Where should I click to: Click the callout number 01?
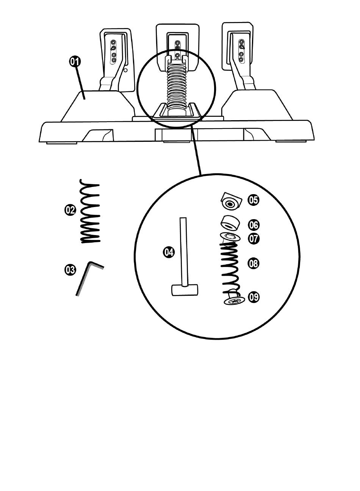pos(74,61)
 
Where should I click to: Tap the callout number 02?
pos(70,210)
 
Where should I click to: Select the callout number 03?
pos(70,270)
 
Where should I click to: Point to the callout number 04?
pos(169,251)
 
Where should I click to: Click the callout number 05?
pos(254,200)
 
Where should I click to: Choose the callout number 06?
pos(254,225)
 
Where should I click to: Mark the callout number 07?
pos(254,239)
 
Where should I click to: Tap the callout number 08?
pos(254,263)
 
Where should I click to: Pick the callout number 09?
pos(254,296)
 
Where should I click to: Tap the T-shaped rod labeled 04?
pos(184,258)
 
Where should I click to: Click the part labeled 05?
pos(230,201)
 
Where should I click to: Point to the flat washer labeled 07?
pos(230,237)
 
